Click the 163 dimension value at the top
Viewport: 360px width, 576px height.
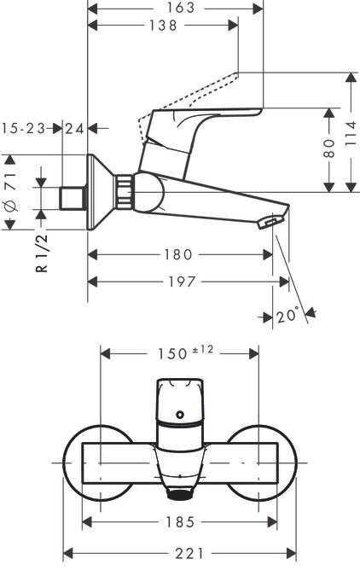[x=180, y=8]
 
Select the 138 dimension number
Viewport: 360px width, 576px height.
[x=163, y=26]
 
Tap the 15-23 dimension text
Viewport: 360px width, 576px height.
[x=24, y=129]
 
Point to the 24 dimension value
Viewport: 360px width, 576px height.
[x=74, y=129]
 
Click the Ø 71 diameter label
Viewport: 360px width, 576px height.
[x=11, y=191]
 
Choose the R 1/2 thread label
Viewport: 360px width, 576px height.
[x=42, y=253]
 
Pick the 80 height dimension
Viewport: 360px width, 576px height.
[x=329, y=148]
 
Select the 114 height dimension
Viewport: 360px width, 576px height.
[x=351, y=133]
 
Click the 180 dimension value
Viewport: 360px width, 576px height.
[x=177, y=254]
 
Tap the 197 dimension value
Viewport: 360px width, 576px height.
[x=183, y=282]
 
